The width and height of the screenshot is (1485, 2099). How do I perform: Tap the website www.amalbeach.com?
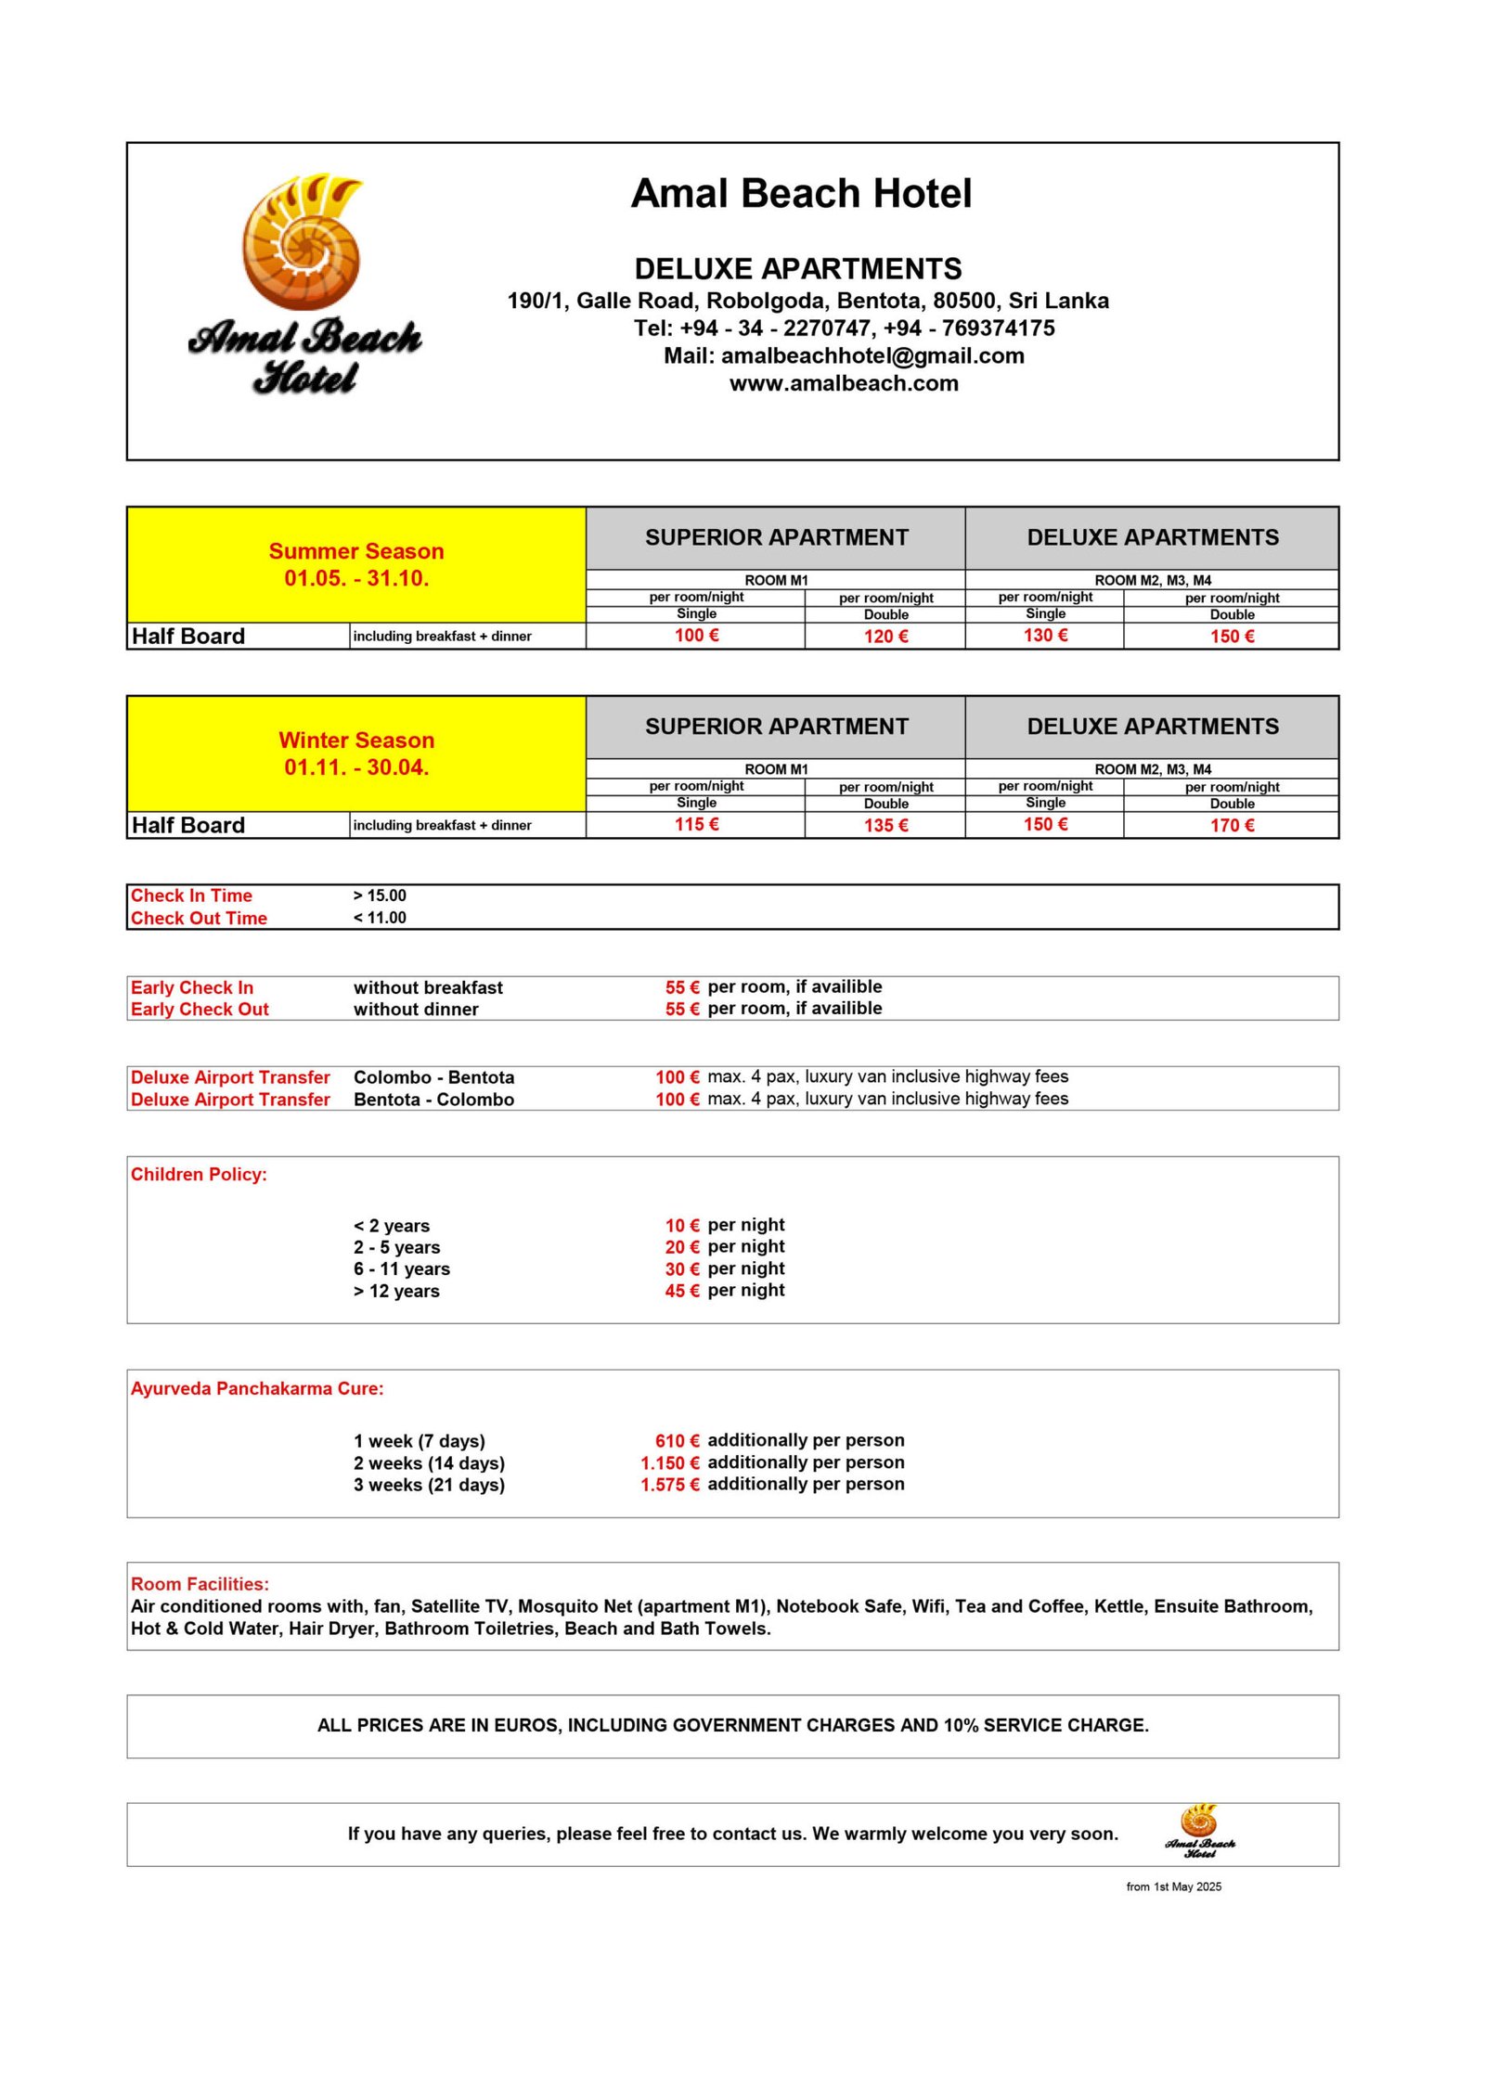click(x=843, y=383)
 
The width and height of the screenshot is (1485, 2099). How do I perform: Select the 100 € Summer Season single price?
click(x=696, y=636)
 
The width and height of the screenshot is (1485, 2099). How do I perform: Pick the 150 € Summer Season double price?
click(x=1231, y=637)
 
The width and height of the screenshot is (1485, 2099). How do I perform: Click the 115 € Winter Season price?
click(x=696, y=825)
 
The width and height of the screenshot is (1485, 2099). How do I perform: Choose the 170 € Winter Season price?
click(x=1231, y=826)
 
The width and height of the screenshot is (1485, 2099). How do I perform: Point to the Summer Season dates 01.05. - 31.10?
click(x=356, y=578)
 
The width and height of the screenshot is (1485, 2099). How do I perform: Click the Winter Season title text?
click(x=356, y=740)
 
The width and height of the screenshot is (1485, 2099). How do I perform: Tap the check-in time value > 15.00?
click(x=380, y=895)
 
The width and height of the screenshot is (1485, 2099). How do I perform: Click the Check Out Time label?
click(x=199, y=918)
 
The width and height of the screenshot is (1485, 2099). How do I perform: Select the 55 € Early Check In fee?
click(x=681, y=987)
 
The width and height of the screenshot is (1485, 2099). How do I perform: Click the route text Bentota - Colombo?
click(x=433, y=1100)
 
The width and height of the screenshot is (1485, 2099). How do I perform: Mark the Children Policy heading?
click(x=199, y=1174)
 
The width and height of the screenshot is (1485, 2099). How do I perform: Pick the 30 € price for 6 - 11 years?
click(x=681, y=1268)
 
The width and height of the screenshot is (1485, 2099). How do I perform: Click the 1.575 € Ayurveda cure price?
click(x=669, y=1485)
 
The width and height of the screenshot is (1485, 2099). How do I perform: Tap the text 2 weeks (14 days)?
click(x=429, y=1463)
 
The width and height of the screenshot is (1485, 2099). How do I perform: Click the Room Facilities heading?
click(x=200, y=1584)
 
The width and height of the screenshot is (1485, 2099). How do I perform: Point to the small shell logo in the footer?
click(x=1199, y=1830)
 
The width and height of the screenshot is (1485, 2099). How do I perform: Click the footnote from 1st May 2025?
click(x=1173, y=1887)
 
